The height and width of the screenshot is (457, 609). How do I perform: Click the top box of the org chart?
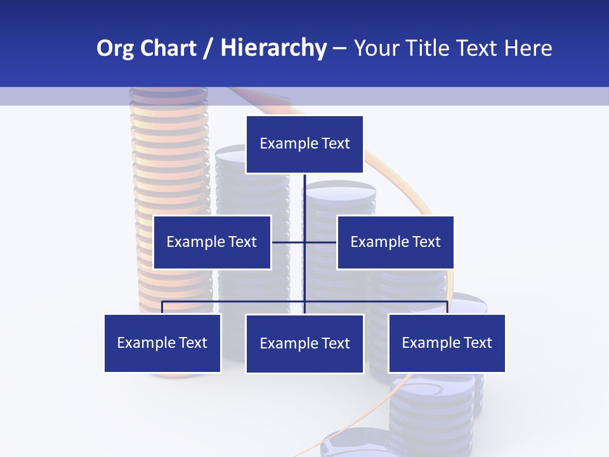point(304,144)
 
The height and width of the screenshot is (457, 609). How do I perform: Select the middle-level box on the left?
point(212,242)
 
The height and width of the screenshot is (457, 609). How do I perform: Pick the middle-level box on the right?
point(395,242)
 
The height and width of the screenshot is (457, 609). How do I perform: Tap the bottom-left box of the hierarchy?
point(162,343)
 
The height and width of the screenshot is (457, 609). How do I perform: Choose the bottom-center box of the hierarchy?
point(304,343)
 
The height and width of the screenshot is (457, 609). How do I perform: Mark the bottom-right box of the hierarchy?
point(447,343)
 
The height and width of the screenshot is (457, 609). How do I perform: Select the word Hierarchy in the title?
point(273,48)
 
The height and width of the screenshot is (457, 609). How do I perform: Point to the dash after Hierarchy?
point(339,49)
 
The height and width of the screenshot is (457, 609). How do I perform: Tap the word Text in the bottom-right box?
point(478,343)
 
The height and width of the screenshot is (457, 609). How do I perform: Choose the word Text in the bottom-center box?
point(336,343)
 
